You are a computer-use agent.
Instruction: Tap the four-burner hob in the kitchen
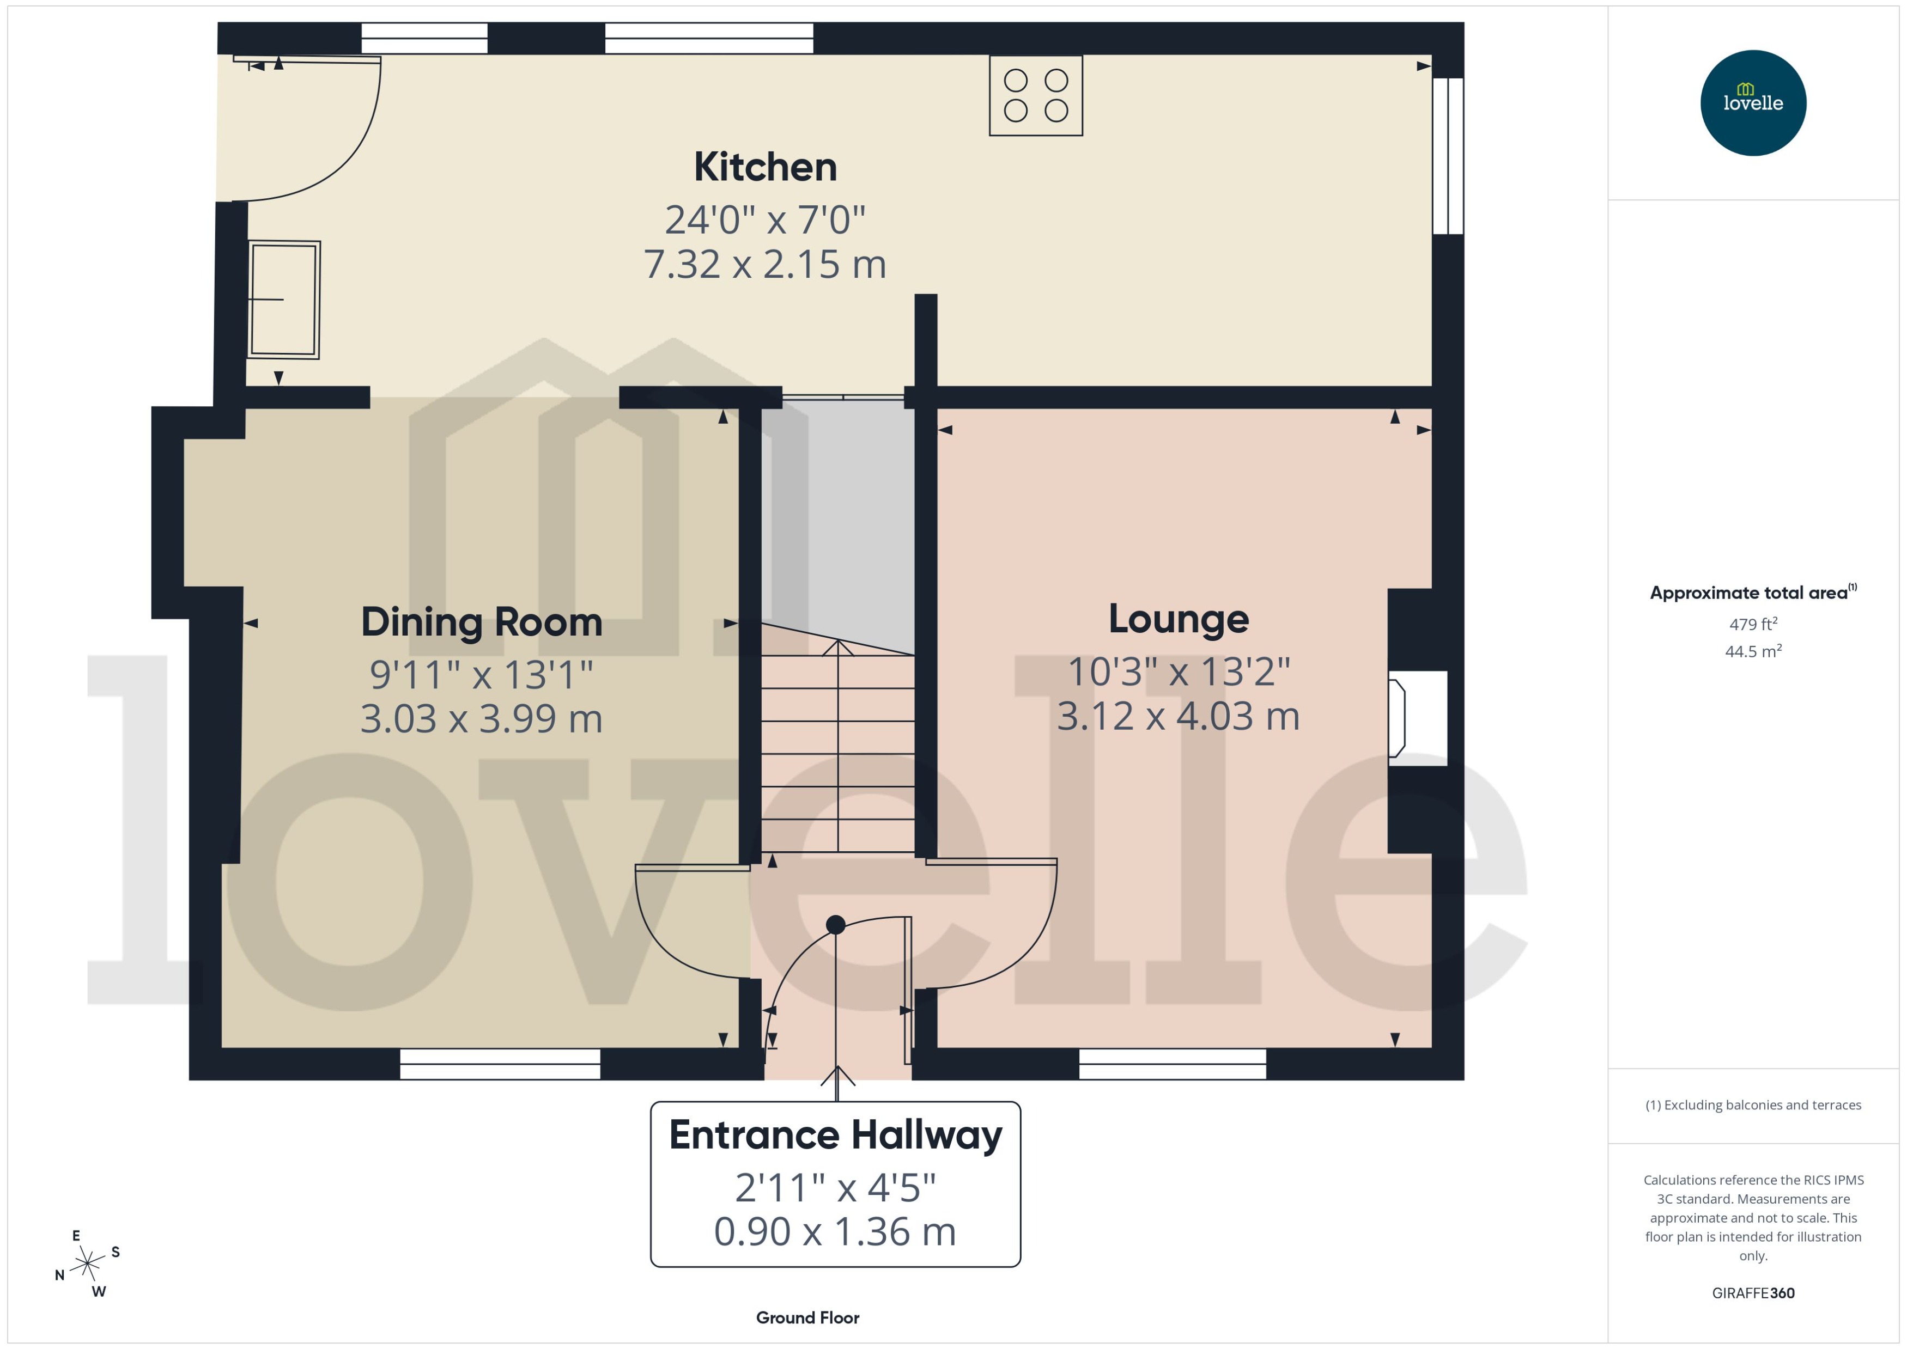(1035, 95)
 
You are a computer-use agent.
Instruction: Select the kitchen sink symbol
(283, 299)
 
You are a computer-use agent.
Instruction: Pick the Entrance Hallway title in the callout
(835, 1134)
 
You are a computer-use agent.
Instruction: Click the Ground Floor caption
(807, 1317)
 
